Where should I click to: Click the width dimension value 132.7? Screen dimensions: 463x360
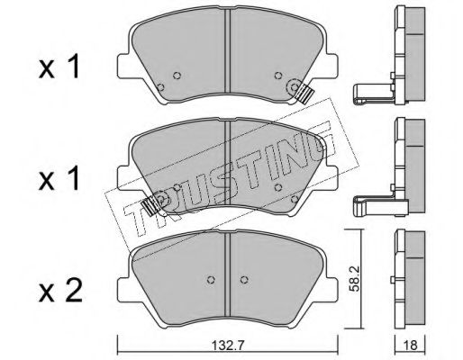click(x=228, y=346)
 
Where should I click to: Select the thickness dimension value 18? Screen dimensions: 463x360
click(x=411, y=346)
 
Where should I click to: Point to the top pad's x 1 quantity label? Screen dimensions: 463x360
click(x=59, y=67)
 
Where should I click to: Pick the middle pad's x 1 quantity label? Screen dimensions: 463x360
click(x=59, y=178)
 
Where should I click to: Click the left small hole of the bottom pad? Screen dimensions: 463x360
click(x=211, y=279)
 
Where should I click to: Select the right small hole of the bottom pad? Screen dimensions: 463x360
click(x=244, y=279)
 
